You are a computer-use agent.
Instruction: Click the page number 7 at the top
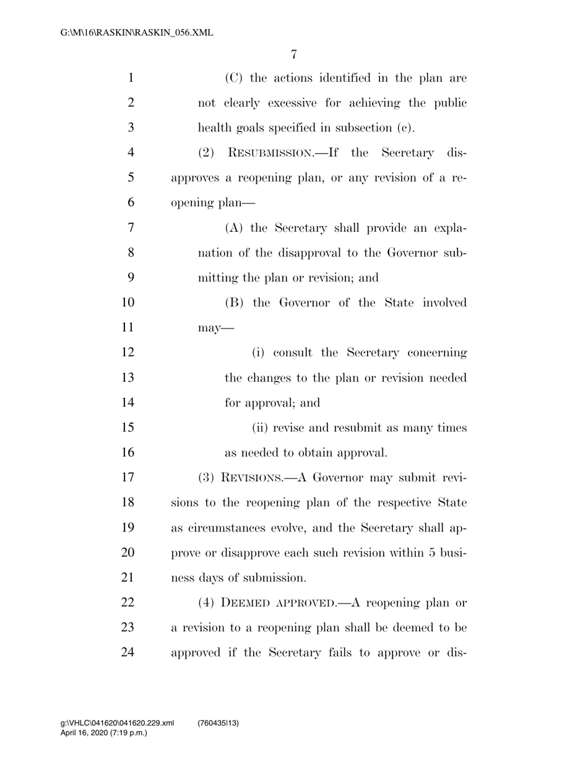point(294,54)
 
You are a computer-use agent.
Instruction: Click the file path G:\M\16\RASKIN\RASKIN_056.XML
point(128,32)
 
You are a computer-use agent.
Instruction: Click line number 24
point(127,653)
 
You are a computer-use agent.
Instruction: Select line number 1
point(130,78)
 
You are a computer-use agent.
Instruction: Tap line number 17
point(127,478)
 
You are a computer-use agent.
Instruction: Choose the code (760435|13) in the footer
point(218,724)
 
